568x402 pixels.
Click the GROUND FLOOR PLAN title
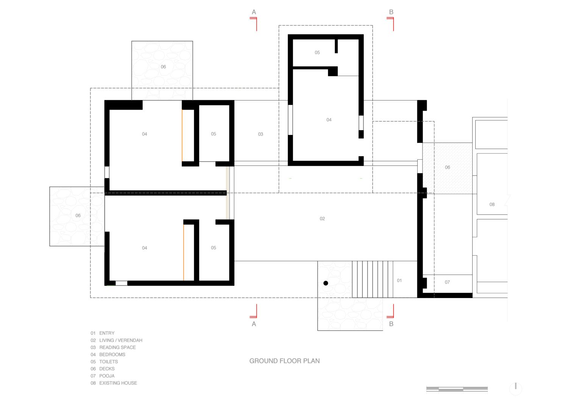pyautogui.click(x=284, y=361)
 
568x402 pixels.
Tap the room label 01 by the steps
pyautogui.click(x=399, y=280)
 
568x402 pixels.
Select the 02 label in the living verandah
pyautogui.click(x=322, y=219)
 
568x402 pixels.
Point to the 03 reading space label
pyautogui.click(x=261, y=134)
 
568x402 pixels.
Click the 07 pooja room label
pyautogui.click(x=447, y=282)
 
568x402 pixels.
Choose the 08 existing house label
pyautogui.click(x=492, y=204)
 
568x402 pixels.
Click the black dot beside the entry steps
pyautogui.click(x=326, y=283)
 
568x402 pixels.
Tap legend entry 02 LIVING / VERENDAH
pyautogui.click(x=116, y=340)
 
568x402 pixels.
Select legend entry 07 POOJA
pyautogui.click(x=103, y=376)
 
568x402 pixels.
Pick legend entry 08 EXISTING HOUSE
pyautogui.click(x=114, y=383)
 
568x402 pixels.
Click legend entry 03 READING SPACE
pyautogui.click(x=113, y=347)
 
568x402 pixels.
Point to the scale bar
pyautogui.click(x=457, y=389)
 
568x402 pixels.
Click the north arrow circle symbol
pyautogui.click(x=515, y=389)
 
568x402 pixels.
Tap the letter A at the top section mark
pyautogui.click(x=254, y=12)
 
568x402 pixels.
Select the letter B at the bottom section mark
pyautogui.click(x=391, y=324)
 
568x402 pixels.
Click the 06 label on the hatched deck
pyautogui.click(x=447, y=167)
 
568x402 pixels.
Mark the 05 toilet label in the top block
pyautogui.click(x=317, y=53)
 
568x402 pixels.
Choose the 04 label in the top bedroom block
pyautogui.click(x=329, y=120)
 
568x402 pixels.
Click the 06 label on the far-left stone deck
pyautogui.click(x=78, y=216)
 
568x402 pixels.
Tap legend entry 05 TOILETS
pyautogui.click(x=104, y=362)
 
